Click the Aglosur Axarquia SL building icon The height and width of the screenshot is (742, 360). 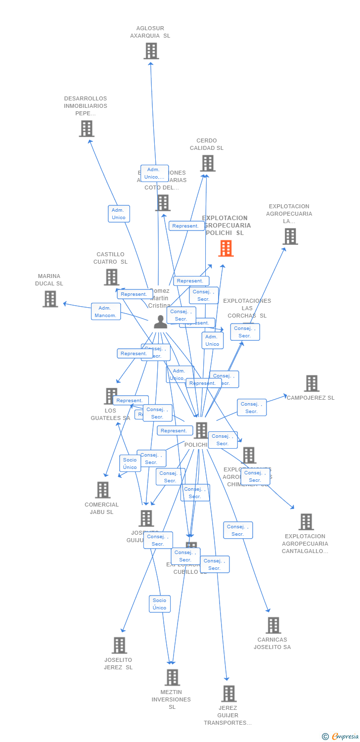tap(151, 51)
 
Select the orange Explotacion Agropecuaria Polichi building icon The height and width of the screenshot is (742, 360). tap(226, 248)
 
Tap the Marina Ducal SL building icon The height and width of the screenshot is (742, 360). tap(50, 299)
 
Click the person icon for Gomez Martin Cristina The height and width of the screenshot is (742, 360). tap(160, 322)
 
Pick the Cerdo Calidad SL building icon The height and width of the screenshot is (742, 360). tap(208, 163)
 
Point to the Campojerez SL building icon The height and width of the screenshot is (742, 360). tap(312, 383)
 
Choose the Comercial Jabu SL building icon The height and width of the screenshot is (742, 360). tap(102, 490)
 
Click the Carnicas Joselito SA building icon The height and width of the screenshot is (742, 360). tap(273, 625)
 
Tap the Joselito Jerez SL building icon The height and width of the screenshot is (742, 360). tap(119, 645)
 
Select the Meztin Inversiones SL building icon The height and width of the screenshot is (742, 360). tap(172, 677)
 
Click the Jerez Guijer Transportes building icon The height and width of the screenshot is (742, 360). tap(228, 694)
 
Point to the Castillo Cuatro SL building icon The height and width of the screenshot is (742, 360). tap(111, 277)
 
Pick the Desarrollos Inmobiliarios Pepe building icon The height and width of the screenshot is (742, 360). tap(87, 129)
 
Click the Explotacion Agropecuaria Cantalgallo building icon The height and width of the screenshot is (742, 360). tap(306, 522)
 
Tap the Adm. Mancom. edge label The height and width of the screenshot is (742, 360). tap(106, 312)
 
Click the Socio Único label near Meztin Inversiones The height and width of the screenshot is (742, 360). tap(160, 604)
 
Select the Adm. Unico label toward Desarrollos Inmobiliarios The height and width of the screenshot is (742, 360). tap(119, 214)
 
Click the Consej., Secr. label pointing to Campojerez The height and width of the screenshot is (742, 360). tap(252, 408)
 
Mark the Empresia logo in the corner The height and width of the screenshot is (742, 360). tap(340, 737)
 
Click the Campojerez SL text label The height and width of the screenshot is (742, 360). tap(311, 398)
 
